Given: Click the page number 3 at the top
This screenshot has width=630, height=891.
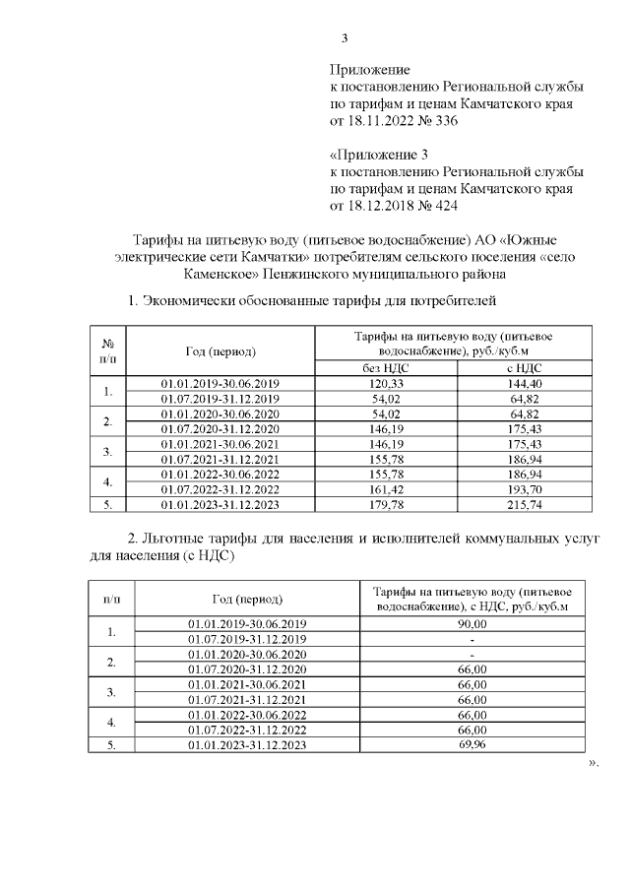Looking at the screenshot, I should click(x=344, y=39).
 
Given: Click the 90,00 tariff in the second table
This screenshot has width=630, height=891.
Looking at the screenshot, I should click(x=473, y=623).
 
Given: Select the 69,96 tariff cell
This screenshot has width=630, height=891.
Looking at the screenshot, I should click(x=473, y=746).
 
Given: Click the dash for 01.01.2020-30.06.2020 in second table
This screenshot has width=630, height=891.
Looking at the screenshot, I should click(x=473, y=654).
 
